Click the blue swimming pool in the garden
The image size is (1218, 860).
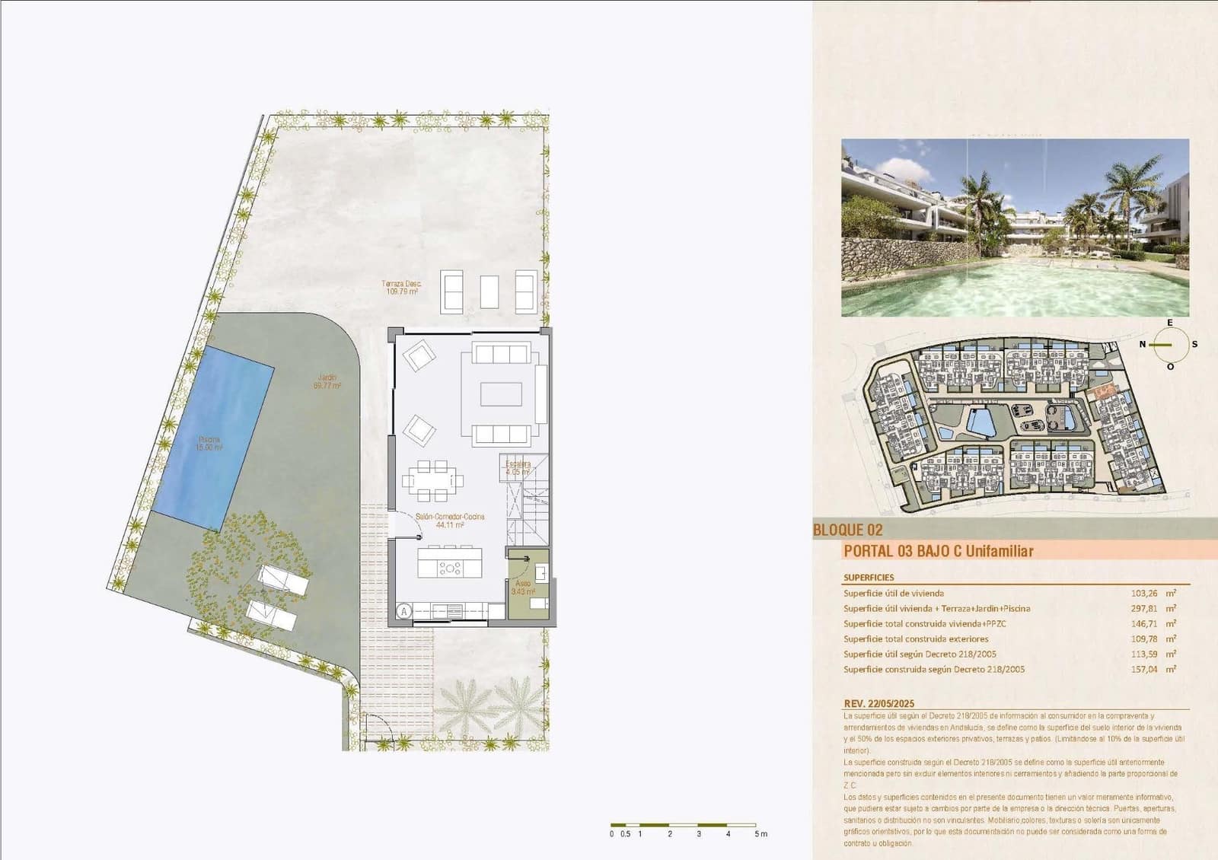pos(213,437)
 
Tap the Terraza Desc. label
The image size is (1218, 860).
pos(402,287)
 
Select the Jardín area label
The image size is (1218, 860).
pos(327,381)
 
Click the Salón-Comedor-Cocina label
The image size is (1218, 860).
pos(449,521)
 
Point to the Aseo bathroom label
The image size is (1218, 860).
pos(523,587)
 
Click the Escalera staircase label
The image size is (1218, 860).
pos(518,467)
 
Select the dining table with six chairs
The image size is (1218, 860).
pos(432,480)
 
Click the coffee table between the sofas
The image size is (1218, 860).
pos(500,394)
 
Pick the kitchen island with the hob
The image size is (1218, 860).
pos(449,565)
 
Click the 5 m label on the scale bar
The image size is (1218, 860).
pos(760,834)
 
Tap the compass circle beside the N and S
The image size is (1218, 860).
pos(1170,344)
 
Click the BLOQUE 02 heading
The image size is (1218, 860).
pos(848,530)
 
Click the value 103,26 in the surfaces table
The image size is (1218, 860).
pos(1144,594)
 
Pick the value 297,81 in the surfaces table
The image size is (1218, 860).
pos(1144,609)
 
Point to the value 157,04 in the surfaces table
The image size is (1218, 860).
pos(1144,670)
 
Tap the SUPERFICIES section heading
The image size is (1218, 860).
pos(869,578)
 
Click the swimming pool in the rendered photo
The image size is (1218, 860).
pos(1012,285)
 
